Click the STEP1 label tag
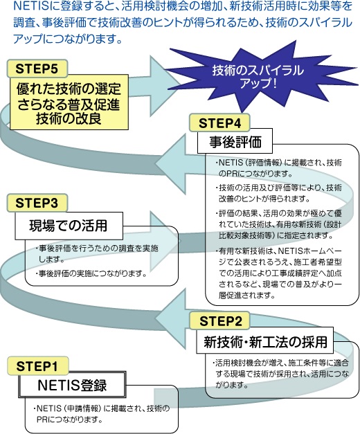[37, 366]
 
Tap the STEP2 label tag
[220, 320]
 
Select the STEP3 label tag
[37, 203]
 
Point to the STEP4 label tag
[219, 123]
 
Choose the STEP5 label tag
[37, 69]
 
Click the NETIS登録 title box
[72, 385]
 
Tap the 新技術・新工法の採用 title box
[265, 340]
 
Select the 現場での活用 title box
[69, 226]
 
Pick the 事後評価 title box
[235, 141]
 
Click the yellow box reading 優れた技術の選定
[69, 102]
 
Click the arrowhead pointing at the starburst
[163, 83]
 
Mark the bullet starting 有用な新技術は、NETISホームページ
[278, 273]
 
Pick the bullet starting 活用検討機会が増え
[280, 374]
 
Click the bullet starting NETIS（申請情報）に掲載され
[101, 414]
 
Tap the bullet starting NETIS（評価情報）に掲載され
[278, 168]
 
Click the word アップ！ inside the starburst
[258, 83]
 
